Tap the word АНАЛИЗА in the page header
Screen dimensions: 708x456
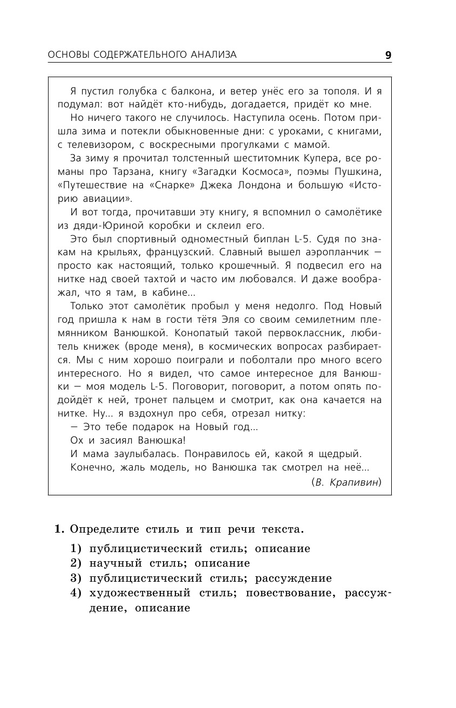click(214, 55)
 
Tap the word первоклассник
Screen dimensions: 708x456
click(291, 333)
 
